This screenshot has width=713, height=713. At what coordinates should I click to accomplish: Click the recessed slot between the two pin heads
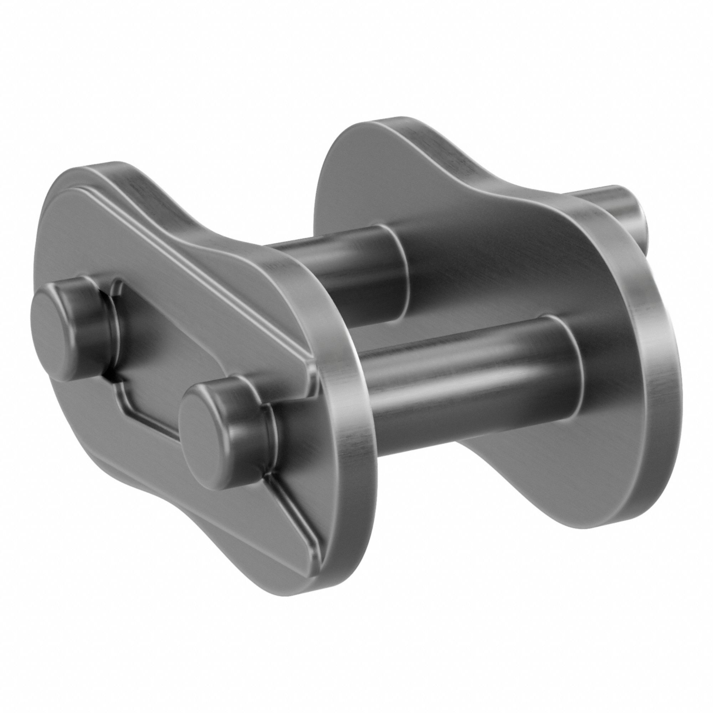click(x=148, y=354)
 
